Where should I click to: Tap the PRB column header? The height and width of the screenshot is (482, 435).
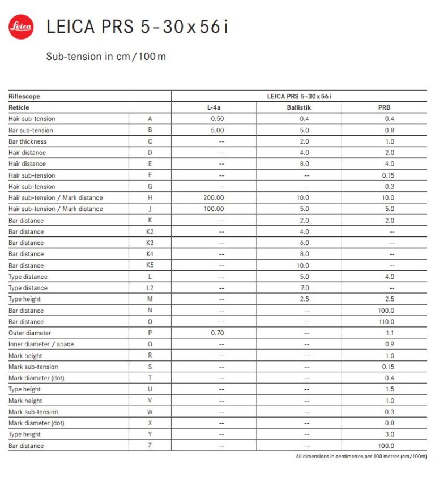385,107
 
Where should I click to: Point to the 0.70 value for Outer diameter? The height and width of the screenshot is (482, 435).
217,333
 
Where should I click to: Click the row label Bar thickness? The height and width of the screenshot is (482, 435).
28,141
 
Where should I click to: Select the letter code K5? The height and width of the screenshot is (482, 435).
150,265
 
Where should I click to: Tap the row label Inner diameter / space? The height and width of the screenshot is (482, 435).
41,345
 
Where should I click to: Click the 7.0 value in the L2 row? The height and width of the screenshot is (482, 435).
304,288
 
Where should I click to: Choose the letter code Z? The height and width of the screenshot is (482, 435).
150,446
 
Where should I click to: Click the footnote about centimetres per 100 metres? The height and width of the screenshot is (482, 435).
361,457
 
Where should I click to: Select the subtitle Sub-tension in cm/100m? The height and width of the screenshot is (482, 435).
106,57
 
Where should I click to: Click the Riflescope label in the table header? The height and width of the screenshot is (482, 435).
24,97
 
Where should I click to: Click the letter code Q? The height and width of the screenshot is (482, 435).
150,345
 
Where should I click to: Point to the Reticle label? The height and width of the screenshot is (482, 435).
19,107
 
